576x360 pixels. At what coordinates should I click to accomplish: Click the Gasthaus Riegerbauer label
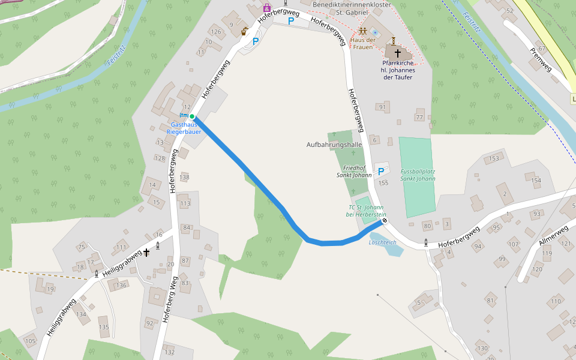pyautogui.click(x=184, y=127)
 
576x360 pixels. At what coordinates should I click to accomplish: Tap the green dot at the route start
pyautogui.click(x=192, y=116)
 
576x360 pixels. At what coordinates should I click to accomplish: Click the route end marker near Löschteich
pyautogui.click(x=385, y=221)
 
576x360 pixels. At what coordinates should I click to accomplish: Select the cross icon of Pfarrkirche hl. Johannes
pyautogui.click(x=398, y=54)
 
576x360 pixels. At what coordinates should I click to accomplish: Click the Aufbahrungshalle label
pyautogui.click(x=334, y=145)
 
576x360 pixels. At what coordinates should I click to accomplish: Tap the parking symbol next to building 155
pyautogui.click(x=380, y=172)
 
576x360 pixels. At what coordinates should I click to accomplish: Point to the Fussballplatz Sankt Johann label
pyautogui.click(x=418, y=175)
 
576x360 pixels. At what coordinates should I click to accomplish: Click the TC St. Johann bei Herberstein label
pyautogui.click(x=366, y=211)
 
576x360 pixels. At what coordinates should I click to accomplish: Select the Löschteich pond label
pyautogui.click(x=383, y=242)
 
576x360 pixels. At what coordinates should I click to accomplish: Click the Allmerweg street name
pyautogui.click(x=553, y=233)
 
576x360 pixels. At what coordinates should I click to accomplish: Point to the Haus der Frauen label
pyautogui.click(x=363, y=43)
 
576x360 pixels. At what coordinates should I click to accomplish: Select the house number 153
pyautogui.click(x=494, y=158)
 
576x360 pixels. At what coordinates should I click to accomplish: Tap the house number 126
pyautogui.click(x=216, y=32)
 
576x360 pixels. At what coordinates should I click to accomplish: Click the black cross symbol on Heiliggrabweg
pyautogui.click(x=146, y=253)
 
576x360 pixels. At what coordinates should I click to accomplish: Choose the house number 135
pyautogui.click(x=104, y=327)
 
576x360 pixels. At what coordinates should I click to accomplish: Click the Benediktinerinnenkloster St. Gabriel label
pyautogui.click(x=352, y=8)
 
